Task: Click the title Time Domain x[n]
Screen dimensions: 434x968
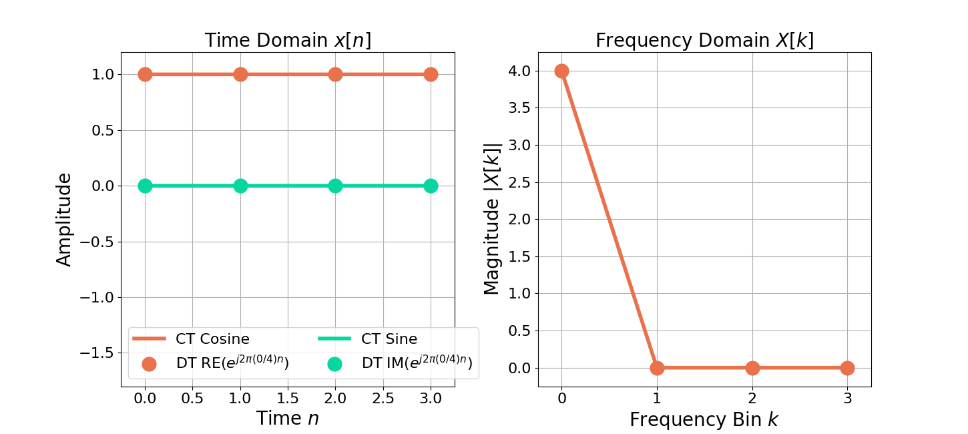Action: pos(288,41)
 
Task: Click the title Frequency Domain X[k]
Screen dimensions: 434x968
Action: pos(704,41)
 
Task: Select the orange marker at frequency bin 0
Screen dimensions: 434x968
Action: pos(561,71)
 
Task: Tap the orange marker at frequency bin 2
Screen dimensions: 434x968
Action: pos(752,368)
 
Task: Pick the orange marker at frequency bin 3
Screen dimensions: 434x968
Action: pos(847,368)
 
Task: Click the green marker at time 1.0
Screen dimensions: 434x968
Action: pos(240,186)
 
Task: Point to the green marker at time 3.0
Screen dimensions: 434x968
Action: pos(431,186)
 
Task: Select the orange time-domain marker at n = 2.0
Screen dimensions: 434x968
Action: pos(335,74)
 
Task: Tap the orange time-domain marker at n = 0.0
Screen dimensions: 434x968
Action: pos(145,74)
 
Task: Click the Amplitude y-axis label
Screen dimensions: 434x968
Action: pos(64,220)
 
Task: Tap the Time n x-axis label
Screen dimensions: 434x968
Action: pos(288,419)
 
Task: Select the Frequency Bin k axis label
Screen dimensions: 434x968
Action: pos(704,419)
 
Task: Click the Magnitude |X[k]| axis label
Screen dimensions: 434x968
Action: pos(492,220)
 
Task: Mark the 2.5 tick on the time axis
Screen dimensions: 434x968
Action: pos(383,399)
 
